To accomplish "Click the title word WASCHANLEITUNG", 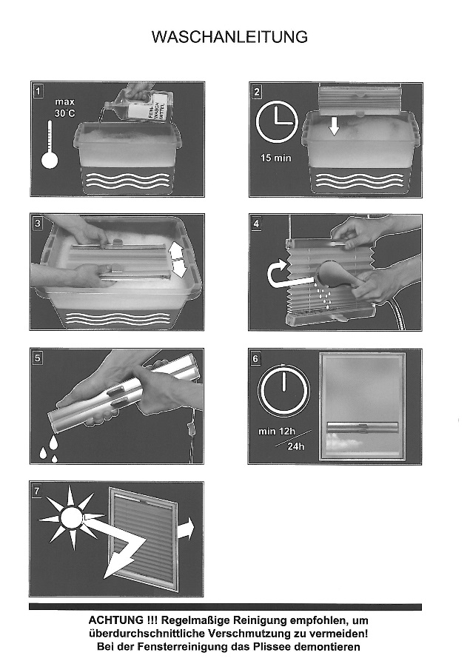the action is (229, 37).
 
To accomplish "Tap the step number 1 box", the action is (38, 91).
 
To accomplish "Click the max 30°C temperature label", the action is (65, 107).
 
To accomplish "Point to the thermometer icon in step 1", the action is (50, 145).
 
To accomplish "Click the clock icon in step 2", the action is (277, 122).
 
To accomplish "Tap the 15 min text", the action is (275, 158).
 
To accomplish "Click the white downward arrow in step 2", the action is (334, 126).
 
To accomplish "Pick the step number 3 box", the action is (38, 224).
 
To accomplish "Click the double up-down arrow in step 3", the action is (178, 260).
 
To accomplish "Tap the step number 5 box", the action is (38, 358).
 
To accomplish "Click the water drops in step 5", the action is (50, 449).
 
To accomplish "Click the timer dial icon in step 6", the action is (283, 389).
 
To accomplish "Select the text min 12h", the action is (277, 432).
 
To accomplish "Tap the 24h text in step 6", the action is (296, 446).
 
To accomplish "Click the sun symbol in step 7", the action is (71, 517).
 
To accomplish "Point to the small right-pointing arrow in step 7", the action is (186, 529).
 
